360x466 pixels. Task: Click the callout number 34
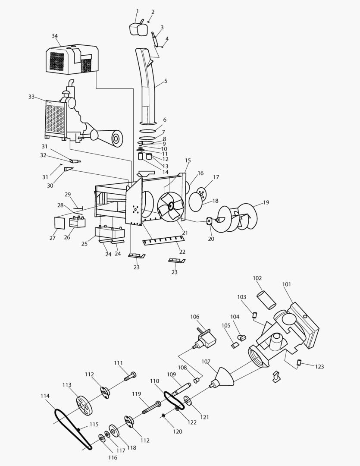[55, 36]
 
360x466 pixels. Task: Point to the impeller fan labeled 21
[170, 206]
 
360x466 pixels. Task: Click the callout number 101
[287, 284]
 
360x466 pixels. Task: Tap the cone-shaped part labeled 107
[225, 378]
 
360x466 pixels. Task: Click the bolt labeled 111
[130, 377]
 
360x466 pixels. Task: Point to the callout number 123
[319, 366]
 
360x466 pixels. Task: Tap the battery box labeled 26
[77, 222]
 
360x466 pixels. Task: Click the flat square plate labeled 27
[59, 223]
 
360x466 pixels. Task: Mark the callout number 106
[194, 317]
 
